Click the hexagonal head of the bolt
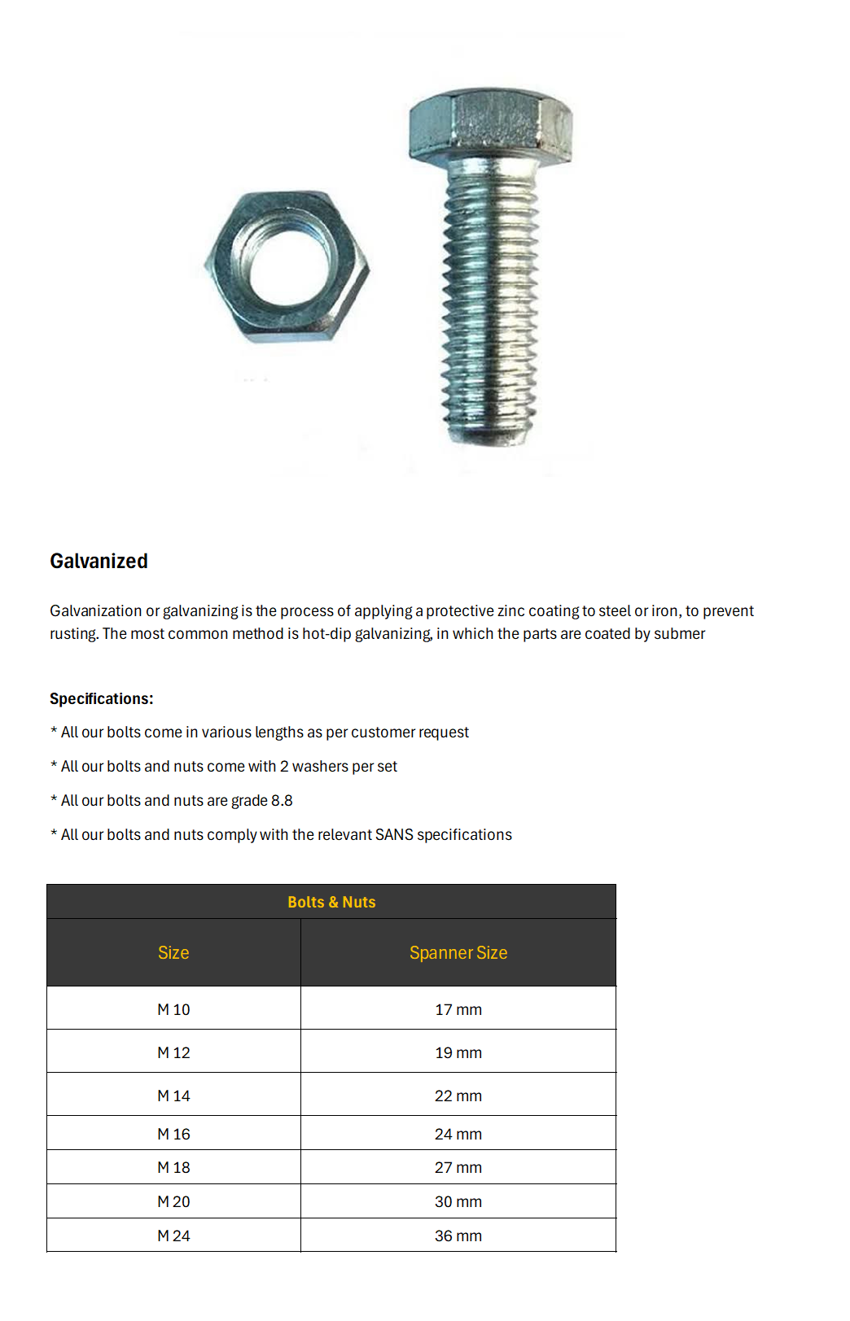coord(490,126)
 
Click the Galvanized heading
coord(99,561)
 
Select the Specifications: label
coord(101,698)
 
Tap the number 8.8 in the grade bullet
coord(282,800)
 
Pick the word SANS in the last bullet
coord(394,834)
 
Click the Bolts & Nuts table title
coord(331,902)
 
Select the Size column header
coord(173,952)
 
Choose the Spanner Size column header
coord(458,952)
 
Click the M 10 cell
coord(173,1009)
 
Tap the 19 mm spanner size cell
coord(458,1052)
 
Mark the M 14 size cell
coord(173,1096)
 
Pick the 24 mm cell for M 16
coord(458,1134)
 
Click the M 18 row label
coord(173,1167)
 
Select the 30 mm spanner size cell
coord(458,1201)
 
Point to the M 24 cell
coord(173,1236)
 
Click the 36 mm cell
coord(458,1236)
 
